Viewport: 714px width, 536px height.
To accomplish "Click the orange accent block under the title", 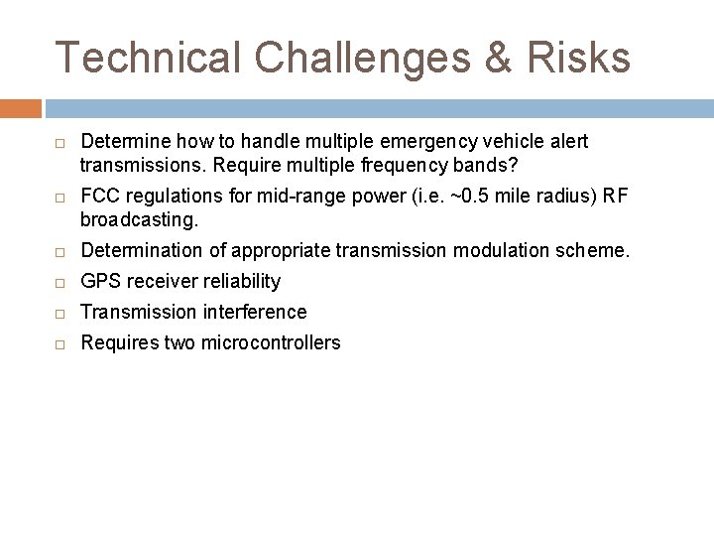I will (x=21, y=108).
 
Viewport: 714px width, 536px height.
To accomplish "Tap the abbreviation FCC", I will (x=98, y=196).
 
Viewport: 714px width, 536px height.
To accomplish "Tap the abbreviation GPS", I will (x=98, y=282).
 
